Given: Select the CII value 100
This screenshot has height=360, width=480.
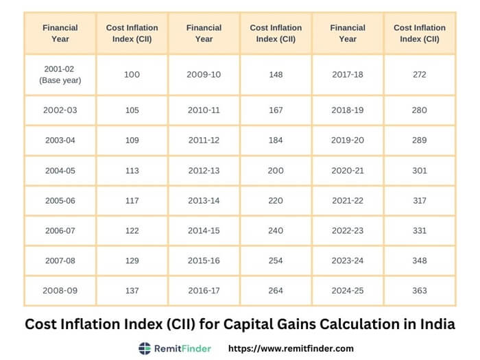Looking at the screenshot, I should click(132, 74).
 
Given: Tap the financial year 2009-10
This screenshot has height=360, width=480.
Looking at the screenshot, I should click(204, 74).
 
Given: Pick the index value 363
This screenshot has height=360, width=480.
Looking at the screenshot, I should click(420, 291).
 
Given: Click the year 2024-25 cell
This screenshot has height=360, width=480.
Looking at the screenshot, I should click(348, 291).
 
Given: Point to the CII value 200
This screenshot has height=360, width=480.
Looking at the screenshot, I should click(276, 170).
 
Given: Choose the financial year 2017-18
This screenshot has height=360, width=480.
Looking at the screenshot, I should click(348, 74).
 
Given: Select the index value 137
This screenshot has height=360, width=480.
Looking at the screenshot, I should click(132, 291).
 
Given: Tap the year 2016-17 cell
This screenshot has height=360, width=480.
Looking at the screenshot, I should click(204, 291).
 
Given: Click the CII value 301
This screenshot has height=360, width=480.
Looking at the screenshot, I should click(420, 170).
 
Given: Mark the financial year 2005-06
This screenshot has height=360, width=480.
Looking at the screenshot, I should click(60, 200).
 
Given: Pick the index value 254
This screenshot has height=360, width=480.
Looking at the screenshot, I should click(276, 261).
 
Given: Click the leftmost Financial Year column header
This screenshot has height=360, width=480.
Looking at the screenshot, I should click(60, 33).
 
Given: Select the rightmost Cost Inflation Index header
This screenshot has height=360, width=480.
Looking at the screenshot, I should click(420, 33).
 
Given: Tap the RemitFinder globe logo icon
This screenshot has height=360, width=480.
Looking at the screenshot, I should click(145, 348).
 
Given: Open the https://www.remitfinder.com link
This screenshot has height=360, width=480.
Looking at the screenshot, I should click(290, 348).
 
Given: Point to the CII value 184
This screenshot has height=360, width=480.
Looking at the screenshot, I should click(276, 140).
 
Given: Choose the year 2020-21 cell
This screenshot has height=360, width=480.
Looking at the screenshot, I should click(348, 170).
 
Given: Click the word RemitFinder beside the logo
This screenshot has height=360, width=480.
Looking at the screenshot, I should click(182, 348).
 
